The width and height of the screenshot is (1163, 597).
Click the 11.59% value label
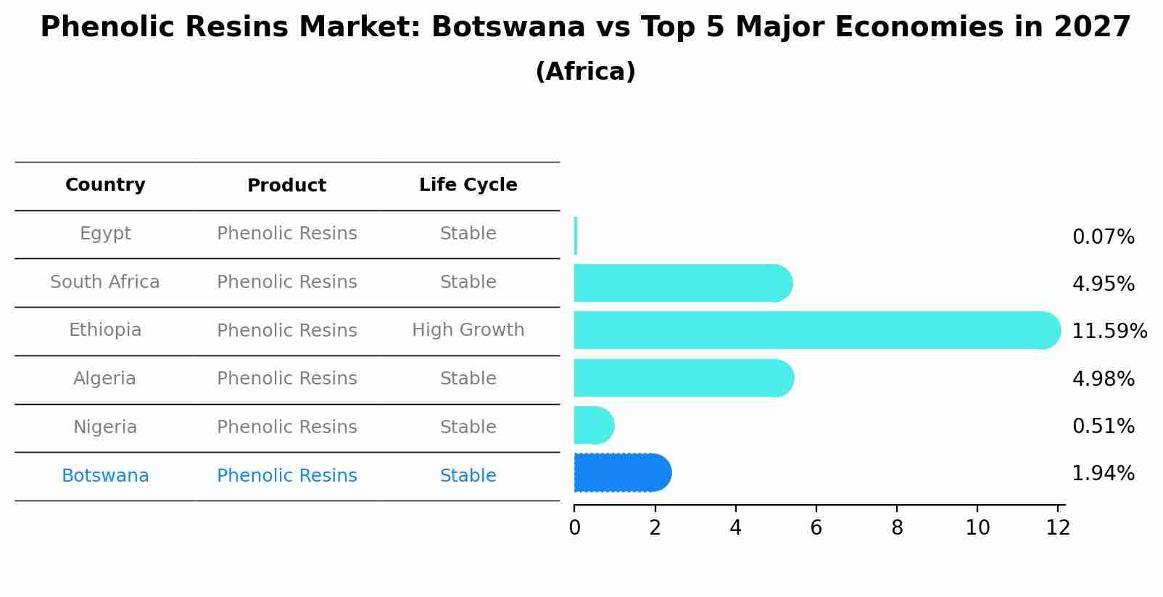(x=1109, y=332)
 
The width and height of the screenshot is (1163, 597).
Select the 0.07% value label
(x=1103, y=237)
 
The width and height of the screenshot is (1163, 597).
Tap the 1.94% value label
(x=1103, y=474)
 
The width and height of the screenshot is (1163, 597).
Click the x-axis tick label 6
(x=816, y=528)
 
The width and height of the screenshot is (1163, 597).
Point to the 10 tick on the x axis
(x=977, y=528)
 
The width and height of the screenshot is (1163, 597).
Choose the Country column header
(x=105, y=185)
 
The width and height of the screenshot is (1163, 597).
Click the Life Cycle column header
(x=468, y=185)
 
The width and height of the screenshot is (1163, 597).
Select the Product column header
(x=286, y=186)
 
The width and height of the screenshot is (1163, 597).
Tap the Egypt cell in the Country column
(x=105, y=234)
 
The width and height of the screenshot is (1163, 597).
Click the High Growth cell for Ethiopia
(x=468, y=330)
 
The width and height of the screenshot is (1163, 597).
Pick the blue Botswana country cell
(x=105, y=476)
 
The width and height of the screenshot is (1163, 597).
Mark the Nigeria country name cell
(x=105, y=427)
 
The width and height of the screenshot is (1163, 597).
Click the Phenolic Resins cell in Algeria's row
(x=286, y=379)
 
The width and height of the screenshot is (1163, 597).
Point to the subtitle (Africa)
(x=585, y=72)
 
